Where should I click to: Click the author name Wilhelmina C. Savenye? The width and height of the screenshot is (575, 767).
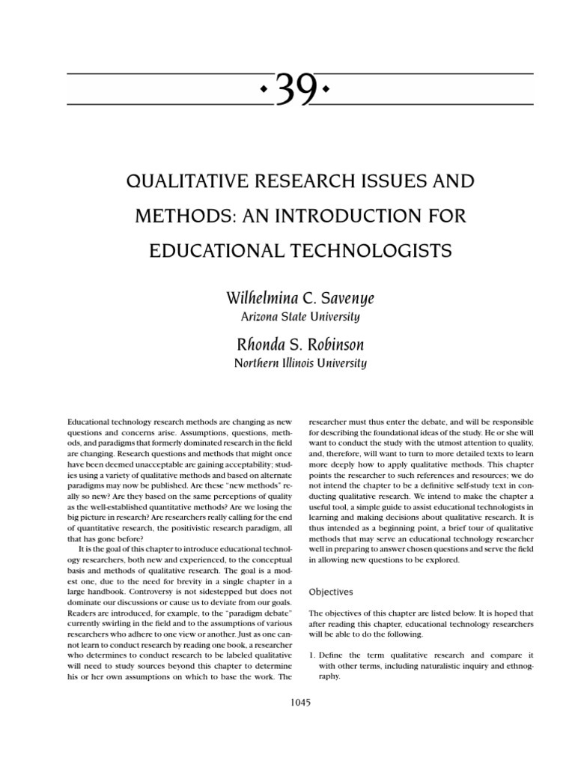point(299,300)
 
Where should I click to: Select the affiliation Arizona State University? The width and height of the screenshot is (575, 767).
point(299,317)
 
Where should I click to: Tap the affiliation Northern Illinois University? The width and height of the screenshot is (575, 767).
point(299,364)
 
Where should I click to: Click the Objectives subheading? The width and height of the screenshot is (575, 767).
point(332,591)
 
